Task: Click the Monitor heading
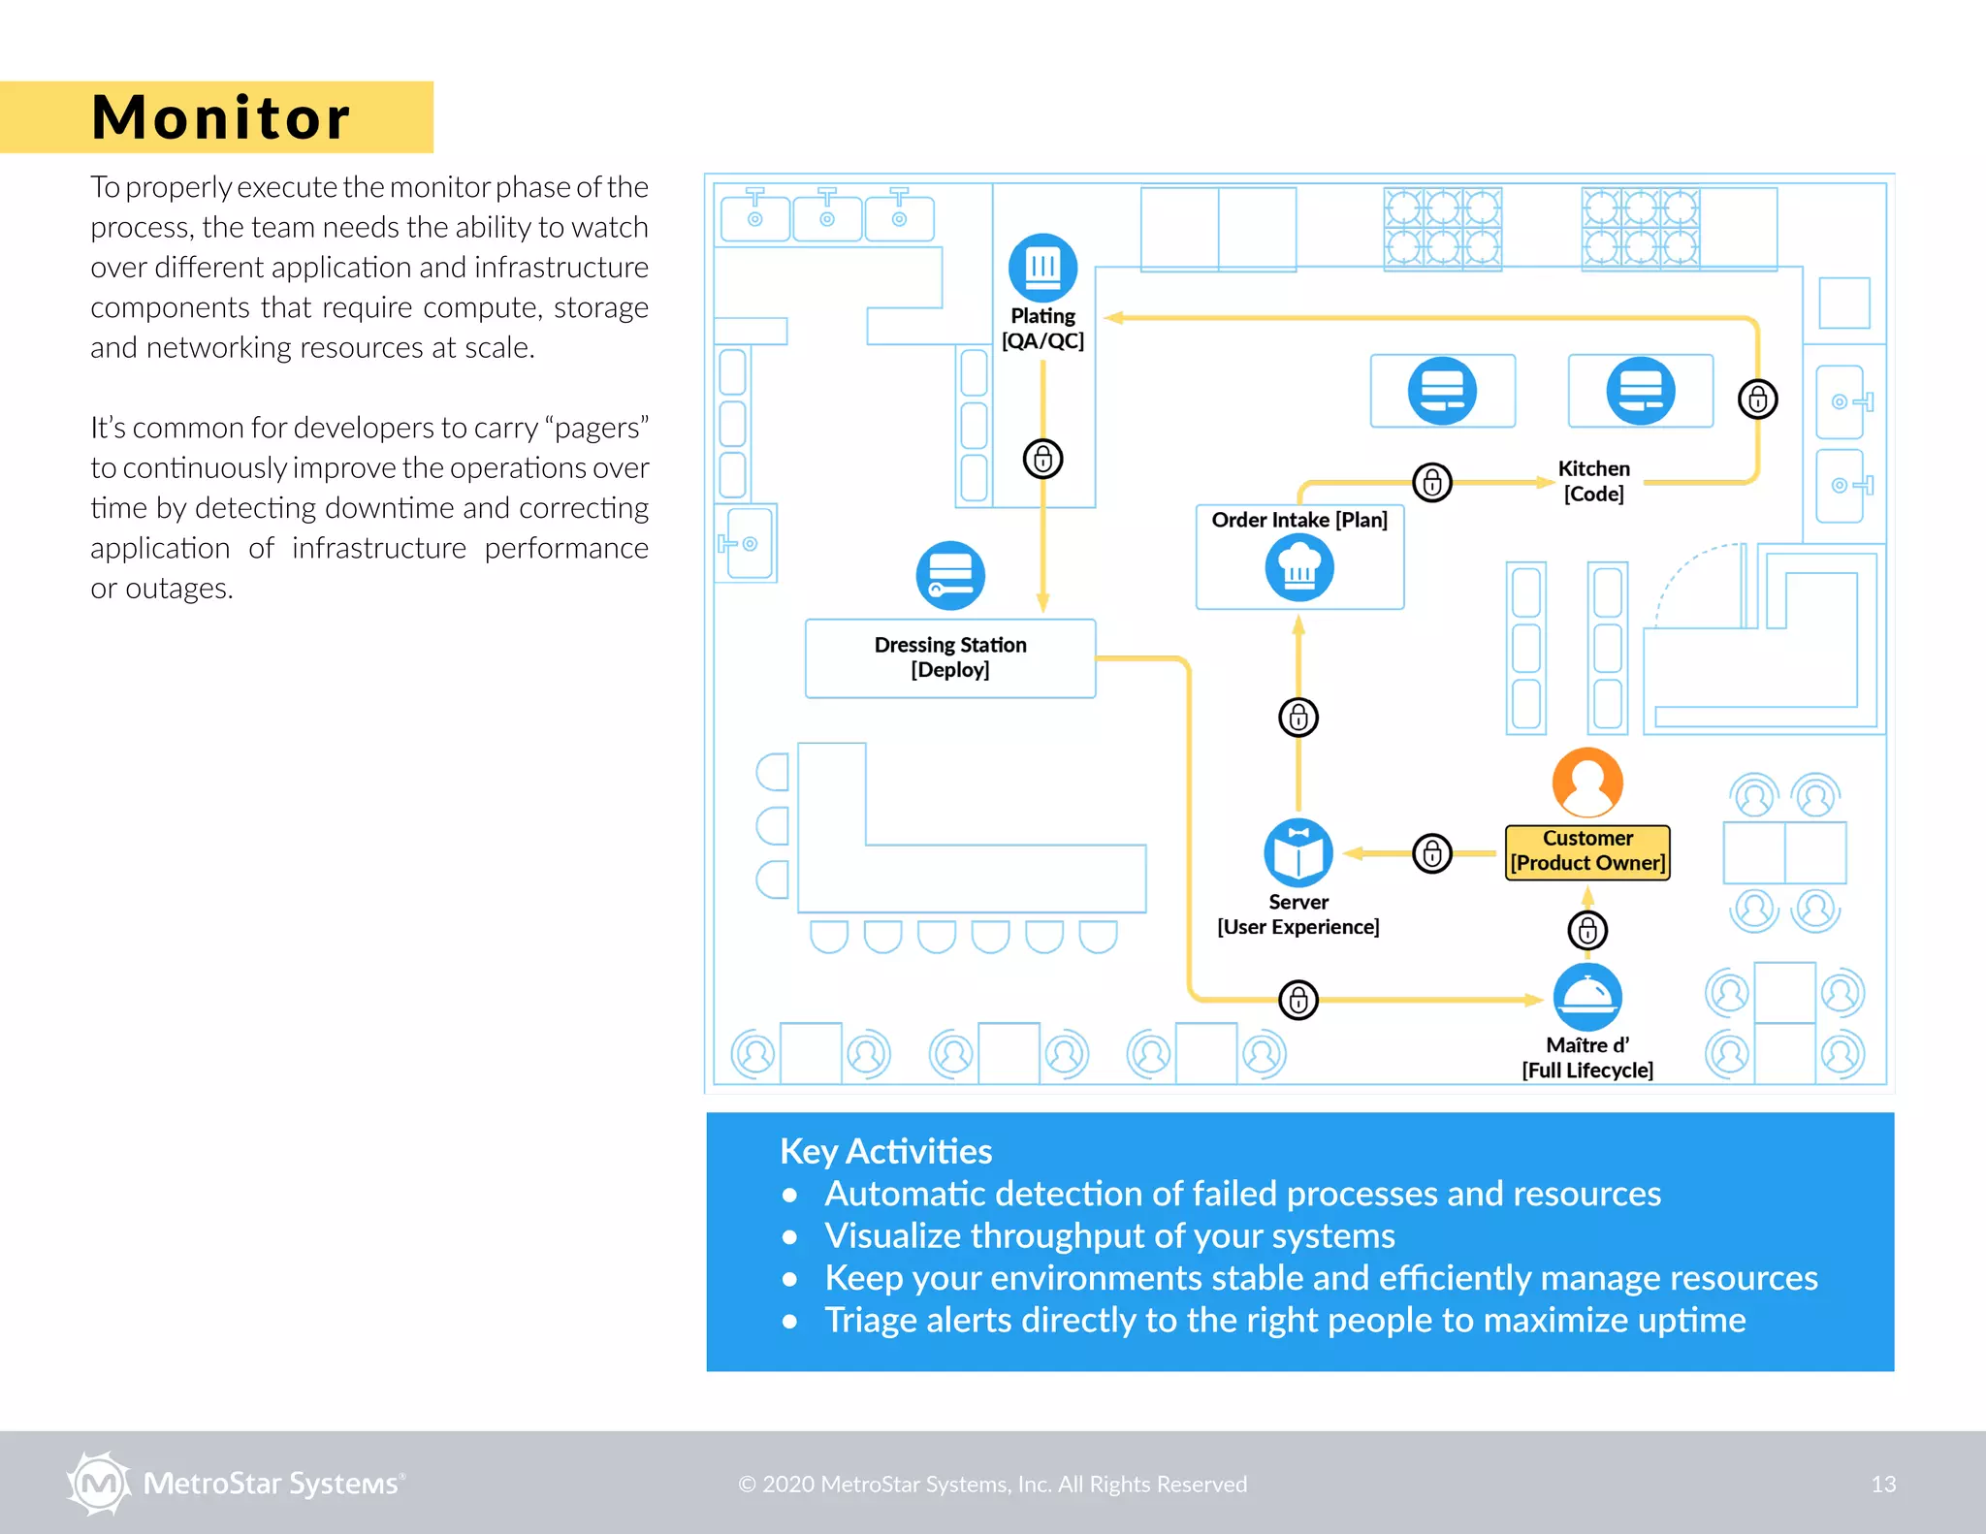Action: point(220,117)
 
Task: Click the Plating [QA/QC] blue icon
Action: point(1042,267)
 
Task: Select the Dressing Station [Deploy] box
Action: point(949,657)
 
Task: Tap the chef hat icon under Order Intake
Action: point(1298,567)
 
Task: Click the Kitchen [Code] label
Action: point(1593,481)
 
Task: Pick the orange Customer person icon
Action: point(1586,783)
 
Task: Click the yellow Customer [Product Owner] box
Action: point(1587,851)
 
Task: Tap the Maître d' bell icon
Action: point(1586,997)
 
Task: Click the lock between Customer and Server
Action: point(1431,853)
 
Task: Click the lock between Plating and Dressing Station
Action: point(1042,459)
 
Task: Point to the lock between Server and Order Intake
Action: point(1298,718)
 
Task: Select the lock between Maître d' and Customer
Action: point(1587,931)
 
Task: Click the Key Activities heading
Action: point(885,1151)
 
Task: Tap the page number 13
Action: point(1882,1484)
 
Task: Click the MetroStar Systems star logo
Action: point(98,1483)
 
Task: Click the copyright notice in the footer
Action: point(992,1484)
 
